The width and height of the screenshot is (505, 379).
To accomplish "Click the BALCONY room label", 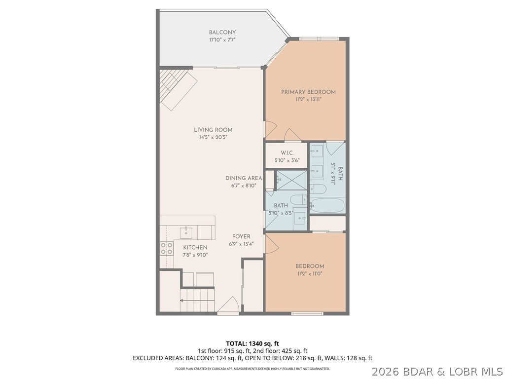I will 222,33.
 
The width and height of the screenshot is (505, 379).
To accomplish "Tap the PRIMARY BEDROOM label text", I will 308,92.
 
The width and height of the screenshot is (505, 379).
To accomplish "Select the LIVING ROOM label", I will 213,130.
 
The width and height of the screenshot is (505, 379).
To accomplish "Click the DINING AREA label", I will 244,178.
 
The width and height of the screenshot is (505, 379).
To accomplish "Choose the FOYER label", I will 241,236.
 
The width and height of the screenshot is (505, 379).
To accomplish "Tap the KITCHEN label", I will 195,247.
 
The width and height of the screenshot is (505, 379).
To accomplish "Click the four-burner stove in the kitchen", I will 167,248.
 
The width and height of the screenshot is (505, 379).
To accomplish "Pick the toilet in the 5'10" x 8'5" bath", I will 297,200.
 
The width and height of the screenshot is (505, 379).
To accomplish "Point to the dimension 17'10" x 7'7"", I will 222,39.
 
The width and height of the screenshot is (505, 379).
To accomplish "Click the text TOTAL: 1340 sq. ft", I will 252,343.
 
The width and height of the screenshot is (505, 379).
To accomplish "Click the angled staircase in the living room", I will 177,89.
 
